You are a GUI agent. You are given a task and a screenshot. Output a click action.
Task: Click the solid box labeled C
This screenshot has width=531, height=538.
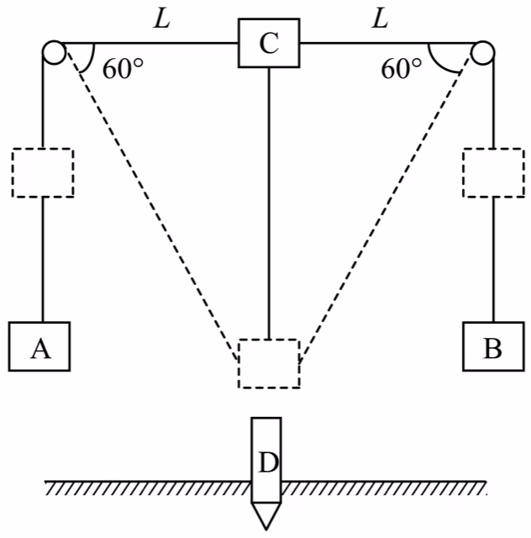[x=269, y=43]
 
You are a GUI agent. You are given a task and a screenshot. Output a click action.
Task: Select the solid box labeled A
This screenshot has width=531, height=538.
[x=39, y=346]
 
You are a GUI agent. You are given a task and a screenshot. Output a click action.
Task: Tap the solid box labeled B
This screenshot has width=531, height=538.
[x=493, y=346]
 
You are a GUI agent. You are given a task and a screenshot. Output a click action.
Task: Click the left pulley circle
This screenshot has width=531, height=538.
[x=55, y=52]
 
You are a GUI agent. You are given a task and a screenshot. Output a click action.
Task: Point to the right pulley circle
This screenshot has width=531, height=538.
[x=482, y=52]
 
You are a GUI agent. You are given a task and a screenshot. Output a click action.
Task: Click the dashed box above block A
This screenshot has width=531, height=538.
[x=43, y=172]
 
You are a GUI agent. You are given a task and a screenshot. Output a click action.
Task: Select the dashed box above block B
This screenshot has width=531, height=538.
[x=493, y=172]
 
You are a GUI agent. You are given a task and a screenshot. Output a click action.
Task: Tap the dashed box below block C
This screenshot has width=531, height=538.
[x=269, y=364]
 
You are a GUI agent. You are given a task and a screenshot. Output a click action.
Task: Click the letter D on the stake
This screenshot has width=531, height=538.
[x=268, y=463]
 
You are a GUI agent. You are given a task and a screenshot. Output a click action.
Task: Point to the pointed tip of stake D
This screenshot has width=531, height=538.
[x=266, y=530]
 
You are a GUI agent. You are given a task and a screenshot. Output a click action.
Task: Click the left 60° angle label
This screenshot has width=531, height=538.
[x=124, y=69]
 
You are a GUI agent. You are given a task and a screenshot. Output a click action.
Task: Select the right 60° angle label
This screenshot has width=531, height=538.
[x=402, y=69]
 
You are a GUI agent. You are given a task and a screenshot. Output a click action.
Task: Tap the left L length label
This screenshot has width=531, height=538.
[x=162, y=18]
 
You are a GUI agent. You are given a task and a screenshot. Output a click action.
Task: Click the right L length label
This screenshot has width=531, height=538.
[x=380, y=18]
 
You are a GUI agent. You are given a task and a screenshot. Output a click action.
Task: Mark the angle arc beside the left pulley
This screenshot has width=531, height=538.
[x=91, y=59]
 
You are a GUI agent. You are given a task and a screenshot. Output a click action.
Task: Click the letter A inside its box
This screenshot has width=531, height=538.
[x=41, y=349]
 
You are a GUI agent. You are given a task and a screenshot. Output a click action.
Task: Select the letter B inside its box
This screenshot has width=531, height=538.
[x=493, y=349]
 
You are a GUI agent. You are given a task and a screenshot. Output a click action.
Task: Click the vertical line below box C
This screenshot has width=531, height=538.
[x=269, y=203]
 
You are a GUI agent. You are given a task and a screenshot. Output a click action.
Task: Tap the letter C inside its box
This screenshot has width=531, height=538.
[x=269, y=44]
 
